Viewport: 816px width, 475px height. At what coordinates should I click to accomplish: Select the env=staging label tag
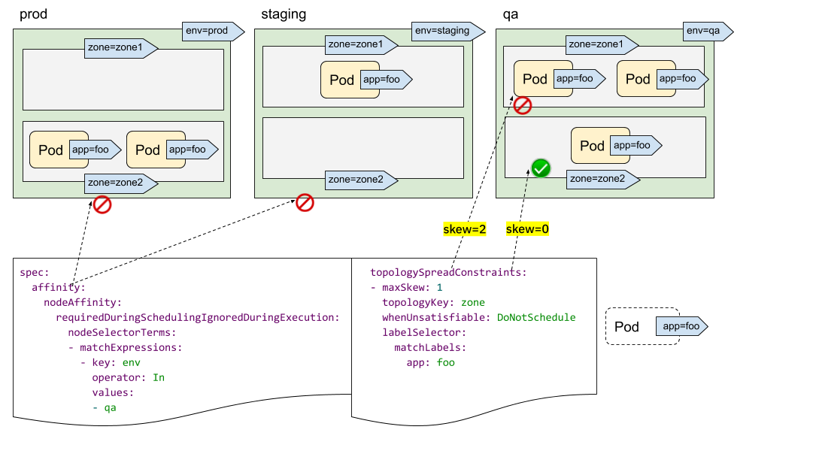[444, 31]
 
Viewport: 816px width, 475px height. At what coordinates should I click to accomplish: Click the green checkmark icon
[541, 168]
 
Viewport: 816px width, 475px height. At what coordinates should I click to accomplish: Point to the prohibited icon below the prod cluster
[102, 204]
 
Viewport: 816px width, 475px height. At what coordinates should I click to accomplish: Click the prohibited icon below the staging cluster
[305, 202]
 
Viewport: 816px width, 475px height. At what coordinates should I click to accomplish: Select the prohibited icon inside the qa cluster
[523, 105]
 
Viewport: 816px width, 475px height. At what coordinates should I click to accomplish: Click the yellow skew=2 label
[465, 229]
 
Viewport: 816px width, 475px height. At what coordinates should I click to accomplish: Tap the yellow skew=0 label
[527, 229]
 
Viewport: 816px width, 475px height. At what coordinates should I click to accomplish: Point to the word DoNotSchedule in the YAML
[535, 317]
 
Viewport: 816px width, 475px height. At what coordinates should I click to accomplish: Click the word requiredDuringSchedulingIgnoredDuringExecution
[198, 317]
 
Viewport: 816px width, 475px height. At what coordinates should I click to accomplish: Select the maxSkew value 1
[439, 287]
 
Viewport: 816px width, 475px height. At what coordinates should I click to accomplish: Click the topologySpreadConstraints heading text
[447, 272]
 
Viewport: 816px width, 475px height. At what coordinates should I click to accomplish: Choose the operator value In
[158, 377]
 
